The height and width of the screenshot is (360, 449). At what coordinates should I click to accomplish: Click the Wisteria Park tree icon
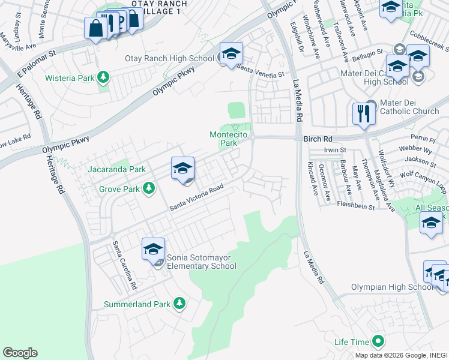104,77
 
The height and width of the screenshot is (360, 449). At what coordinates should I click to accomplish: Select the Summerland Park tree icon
179,304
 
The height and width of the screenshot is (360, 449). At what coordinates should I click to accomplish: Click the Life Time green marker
378,342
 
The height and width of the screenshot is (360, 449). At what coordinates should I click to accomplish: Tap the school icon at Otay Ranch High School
231,54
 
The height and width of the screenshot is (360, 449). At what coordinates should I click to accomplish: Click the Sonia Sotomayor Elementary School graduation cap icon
153,249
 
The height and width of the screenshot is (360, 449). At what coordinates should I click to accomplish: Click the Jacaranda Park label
117,170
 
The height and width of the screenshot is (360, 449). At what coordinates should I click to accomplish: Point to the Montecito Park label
228,139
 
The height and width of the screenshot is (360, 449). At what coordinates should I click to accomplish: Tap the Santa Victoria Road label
196,197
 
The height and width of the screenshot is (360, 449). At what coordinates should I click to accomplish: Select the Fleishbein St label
355,206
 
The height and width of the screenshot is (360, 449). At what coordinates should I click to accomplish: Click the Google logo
20,353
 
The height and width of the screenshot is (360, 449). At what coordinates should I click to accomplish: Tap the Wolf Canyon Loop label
424,181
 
